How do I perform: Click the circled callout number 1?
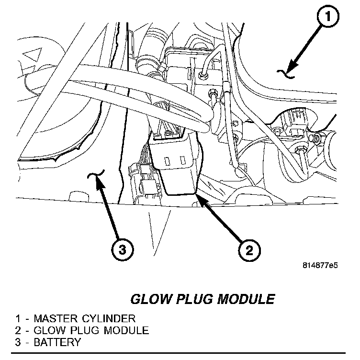coord(327,19)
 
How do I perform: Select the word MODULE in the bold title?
coord(247,300)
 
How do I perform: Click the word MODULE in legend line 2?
coord(126,330)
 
